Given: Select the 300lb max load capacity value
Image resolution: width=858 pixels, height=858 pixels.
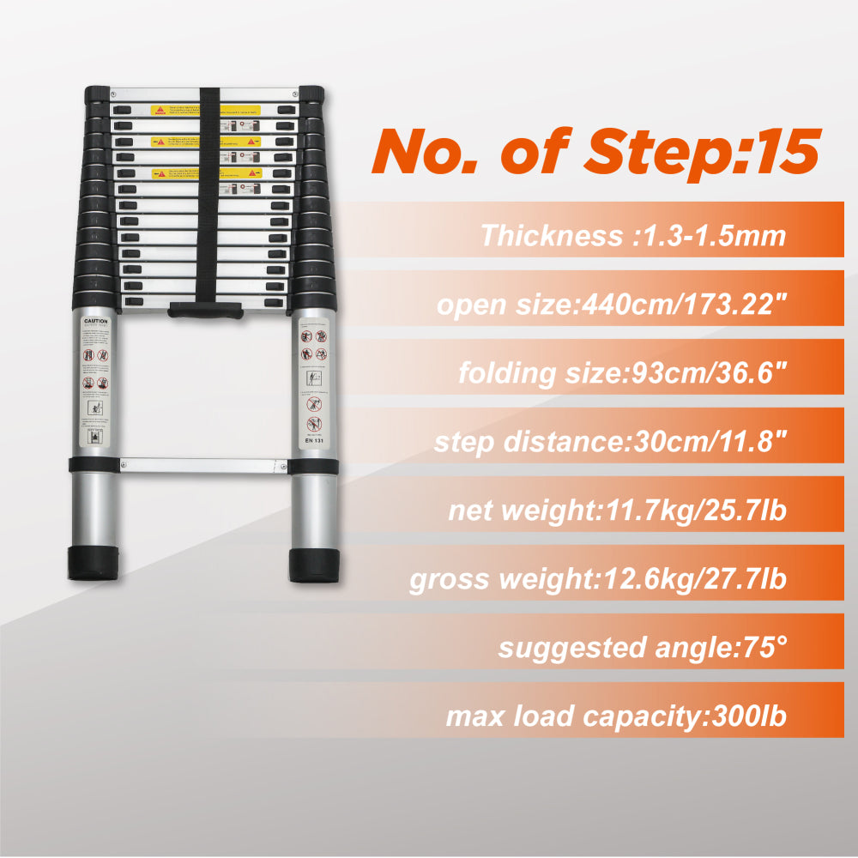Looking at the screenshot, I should (x=744, y=716).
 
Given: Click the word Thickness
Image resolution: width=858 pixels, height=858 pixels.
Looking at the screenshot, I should (x=551, y=235).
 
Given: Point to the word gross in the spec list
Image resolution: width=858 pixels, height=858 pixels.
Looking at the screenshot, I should (x=453, y=579).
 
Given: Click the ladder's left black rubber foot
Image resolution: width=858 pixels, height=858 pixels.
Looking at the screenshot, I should (x=93, y=563).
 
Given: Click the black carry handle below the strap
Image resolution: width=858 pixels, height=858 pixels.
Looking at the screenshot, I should (x=205, y=309).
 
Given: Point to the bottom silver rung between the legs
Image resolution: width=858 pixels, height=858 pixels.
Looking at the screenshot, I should (x=203, y=465).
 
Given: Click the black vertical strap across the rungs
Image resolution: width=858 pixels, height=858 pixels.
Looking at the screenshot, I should (x=206, y=197).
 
